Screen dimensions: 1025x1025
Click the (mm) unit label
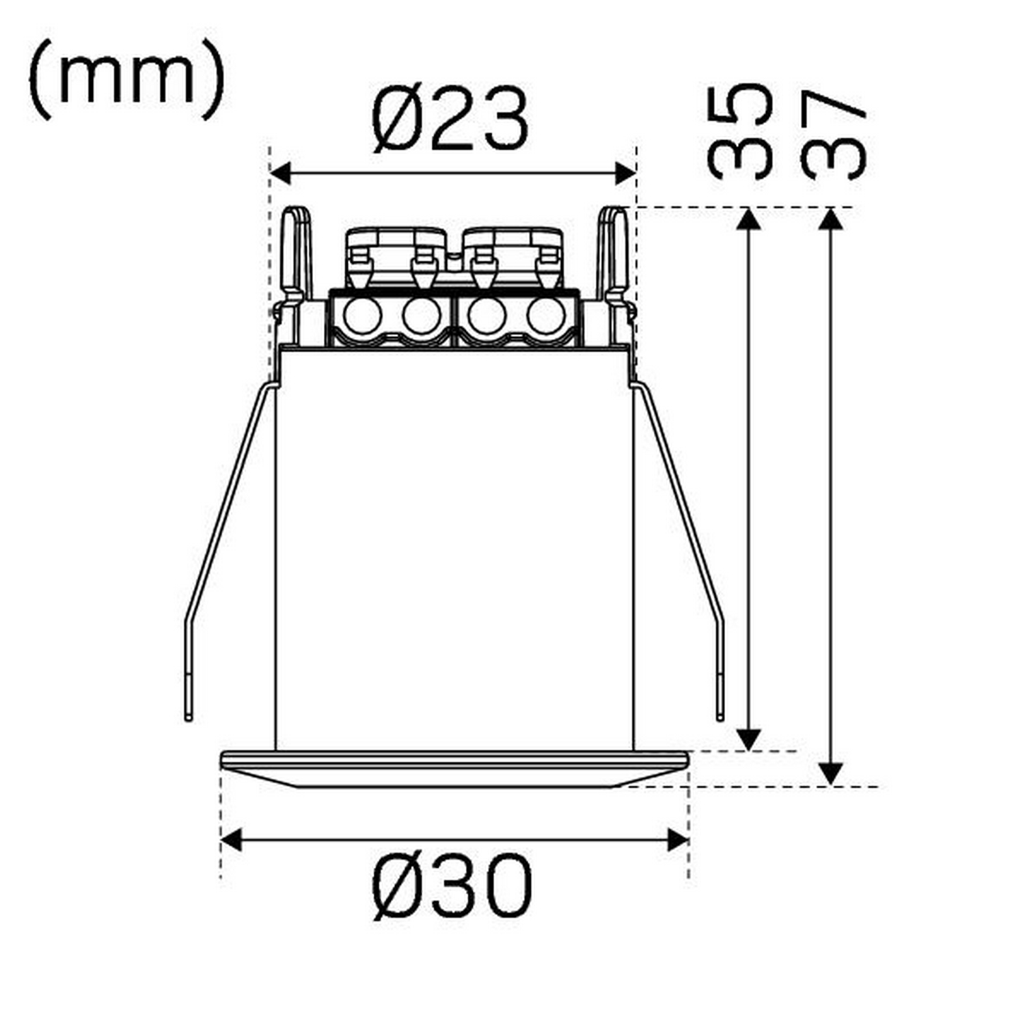pyautogui.click(x=127, y=80)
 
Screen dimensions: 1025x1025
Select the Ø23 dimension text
pyautogui.click(x=450, y=120)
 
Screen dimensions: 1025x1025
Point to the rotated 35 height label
pyautogui.click(x=740, y=131)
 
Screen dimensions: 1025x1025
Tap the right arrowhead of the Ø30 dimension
pyautogui.click(x=678, y=840)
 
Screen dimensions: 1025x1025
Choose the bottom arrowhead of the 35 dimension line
pyautogui.click(x=750, y=739)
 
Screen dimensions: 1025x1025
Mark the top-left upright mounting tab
pyautogui.click(x=297, y=253)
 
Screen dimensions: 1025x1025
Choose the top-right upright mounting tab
pyautogui.click(x=613, y=253)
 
